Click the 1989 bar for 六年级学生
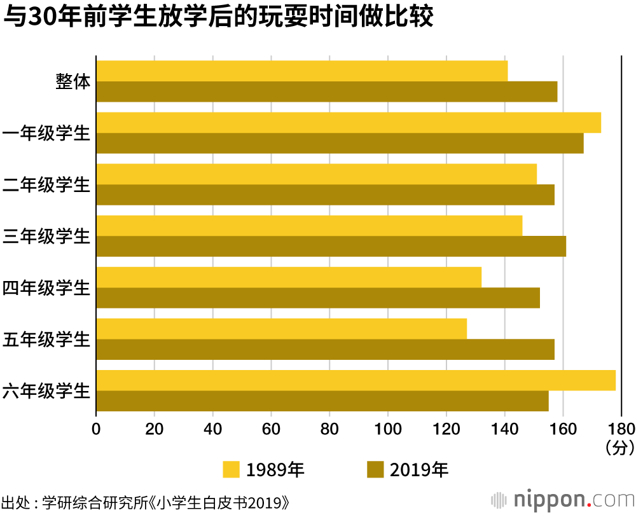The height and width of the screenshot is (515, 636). click(x=356, y=380)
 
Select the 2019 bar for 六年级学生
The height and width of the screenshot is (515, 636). click(x=322, y=401)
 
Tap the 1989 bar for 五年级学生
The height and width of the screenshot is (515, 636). click(x=281, y=329)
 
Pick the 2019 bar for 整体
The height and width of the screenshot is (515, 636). click(x=326, y=92)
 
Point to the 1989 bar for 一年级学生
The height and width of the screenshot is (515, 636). click(x=349, y=123)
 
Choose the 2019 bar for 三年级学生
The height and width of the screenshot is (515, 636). click(x=331, y=246)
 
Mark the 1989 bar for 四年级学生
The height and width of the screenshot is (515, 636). click(x=289, y=277)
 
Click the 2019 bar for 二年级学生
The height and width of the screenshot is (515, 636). click(x=325, y=195)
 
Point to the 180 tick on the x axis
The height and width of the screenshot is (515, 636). click(x=621, y=427)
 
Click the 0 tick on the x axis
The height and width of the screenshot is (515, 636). click(x=96, y=427)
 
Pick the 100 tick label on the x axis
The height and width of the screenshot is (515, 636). click(x=388, y=427)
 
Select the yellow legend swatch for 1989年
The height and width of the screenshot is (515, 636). click(x=231, y=470)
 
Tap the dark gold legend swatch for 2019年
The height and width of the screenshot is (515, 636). click(x=376, y=470)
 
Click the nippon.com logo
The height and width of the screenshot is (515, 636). click(x=563, y=497)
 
